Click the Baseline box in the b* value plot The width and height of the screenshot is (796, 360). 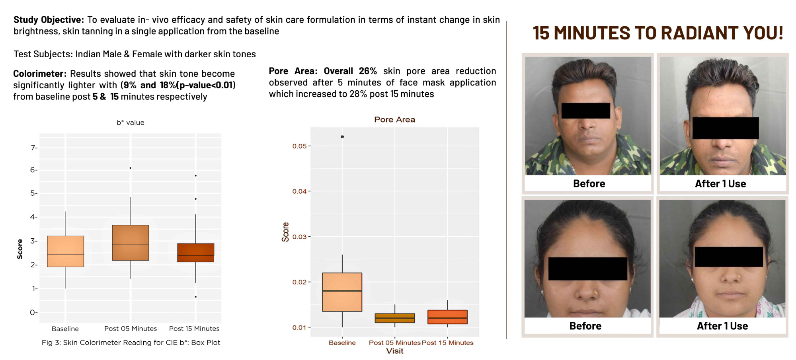[x=65, y=251]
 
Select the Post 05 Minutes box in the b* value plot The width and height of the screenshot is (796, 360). [x=131, y=243]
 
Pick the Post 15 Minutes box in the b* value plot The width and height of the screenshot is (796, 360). [x=195, y=253]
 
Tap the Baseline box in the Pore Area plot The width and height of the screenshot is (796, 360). [x=342, y=292]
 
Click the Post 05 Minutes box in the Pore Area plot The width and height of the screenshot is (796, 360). [x=395, y=318]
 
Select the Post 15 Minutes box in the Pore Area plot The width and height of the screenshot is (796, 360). [x=447, y=317]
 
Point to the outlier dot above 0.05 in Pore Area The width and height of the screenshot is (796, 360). [x=342, y=137]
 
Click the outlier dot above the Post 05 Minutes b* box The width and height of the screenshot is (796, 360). [x=131, y=168]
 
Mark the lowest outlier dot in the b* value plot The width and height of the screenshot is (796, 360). [x=195, y=297]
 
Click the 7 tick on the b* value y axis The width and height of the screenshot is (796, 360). [x=34, y=148]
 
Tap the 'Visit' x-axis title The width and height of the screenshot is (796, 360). [x=395, y=351]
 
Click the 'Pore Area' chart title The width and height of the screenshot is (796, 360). [x=394, y=119]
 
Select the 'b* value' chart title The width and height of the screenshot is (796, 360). [x=131, y=123]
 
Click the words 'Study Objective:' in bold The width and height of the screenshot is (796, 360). [x=49, y=20]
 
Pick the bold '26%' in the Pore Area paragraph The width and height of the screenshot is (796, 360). [x=368, y=71]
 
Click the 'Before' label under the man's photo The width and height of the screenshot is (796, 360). [x=589, y=184]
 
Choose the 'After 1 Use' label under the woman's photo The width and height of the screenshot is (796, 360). [x=722, y=326]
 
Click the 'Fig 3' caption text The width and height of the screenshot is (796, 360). [x=131, y=342]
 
